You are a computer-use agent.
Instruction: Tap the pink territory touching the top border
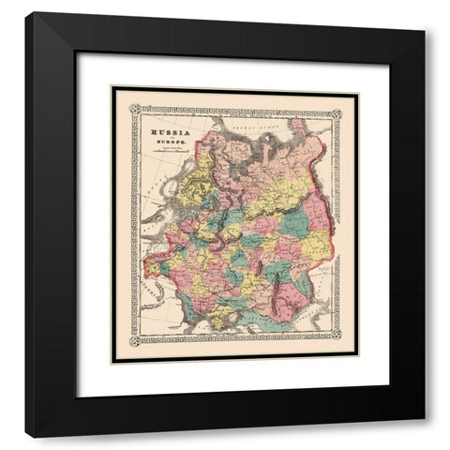(298, 127)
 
